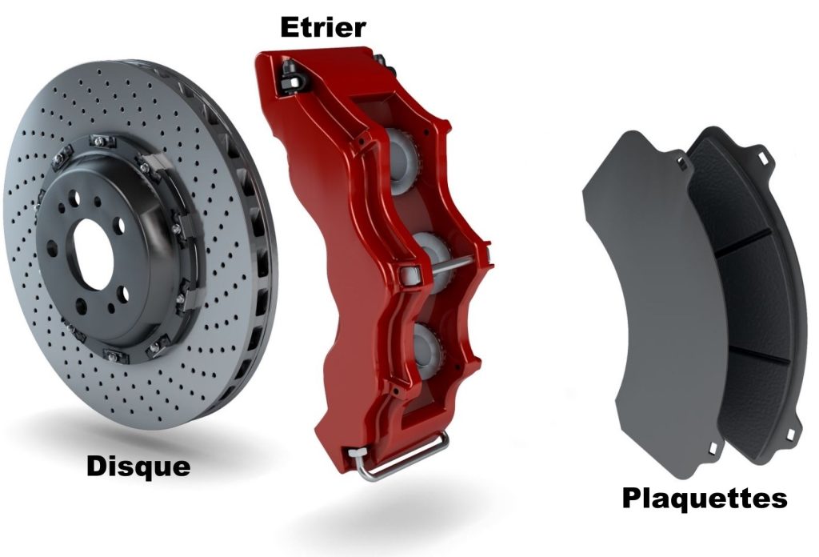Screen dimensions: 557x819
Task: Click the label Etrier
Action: coord(322,26)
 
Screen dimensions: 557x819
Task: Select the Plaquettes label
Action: coord(704,498)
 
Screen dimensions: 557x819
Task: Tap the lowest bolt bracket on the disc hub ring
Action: coord(112,352)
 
